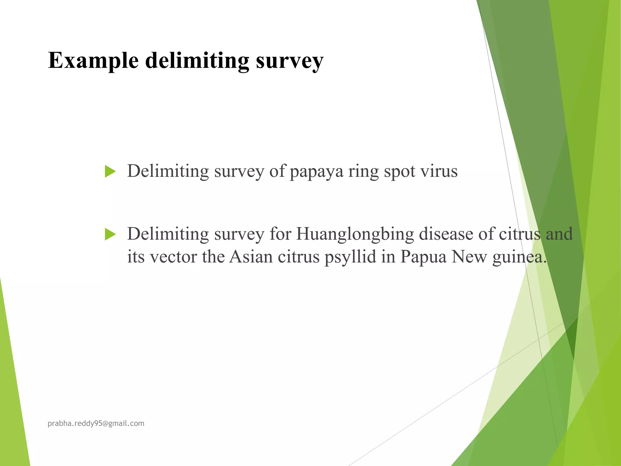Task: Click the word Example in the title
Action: click(x=93, y=61)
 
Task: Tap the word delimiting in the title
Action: click(x=197, y=61)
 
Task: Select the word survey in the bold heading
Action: click(x=290, y=61)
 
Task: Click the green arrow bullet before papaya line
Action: click(x=110, y=171)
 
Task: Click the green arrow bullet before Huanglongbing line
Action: click(x=110, y=234)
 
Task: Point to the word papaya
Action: click(x=317, y=171)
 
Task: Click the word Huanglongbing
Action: click(x=355, y=234)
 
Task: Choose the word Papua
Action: click(x=423, y=257)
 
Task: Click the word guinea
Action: click(x=519, y=257)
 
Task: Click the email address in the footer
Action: click(x=96, y=424)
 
